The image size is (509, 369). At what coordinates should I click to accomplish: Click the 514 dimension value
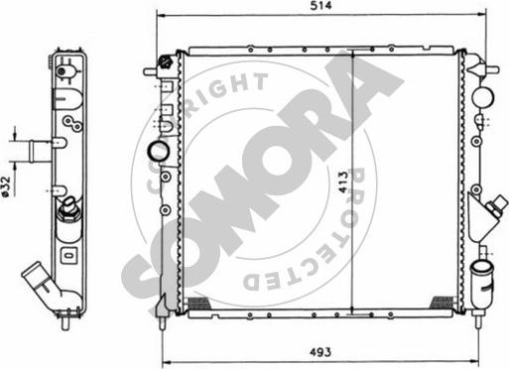[320, 6]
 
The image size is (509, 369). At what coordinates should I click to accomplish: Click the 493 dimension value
[320, 352]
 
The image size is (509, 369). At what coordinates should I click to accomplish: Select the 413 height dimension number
[344, 183]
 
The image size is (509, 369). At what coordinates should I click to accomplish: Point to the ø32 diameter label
[6, 187]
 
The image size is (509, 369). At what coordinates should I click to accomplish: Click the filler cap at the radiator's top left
[164, 61]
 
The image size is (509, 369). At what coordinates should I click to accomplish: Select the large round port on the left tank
[158, 151]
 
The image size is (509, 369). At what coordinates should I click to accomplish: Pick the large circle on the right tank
[483, 97]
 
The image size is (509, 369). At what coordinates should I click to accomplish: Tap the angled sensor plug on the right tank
[497, 204]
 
